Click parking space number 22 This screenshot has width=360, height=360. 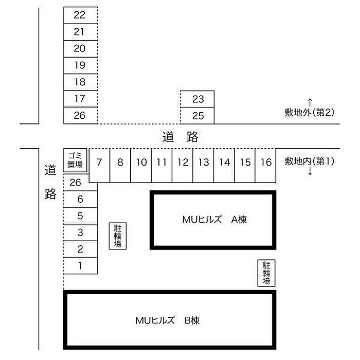[x=81, y=15]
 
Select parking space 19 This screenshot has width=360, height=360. [x=81, y=65]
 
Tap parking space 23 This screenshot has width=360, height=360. [x=197, y=99]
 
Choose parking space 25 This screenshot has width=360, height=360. [x=197, y=116]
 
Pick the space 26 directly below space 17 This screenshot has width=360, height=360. [x=81, y=116]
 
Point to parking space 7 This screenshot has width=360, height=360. [x=99, y=166]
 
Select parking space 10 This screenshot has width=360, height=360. [x=141, y=166]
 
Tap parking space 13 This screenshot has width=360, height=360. [x=204, y=166]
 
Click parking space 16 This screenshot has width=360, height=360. [x=266, y=166]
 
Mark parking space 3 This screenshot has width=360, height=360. [x=81, y=232]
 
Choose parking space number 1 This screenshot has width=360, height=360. [x=81, y=266]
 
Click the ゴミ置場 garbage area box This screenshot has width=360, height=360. [x=75, y=160]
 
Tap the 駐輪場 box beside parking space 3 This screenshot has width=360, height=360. [x=118, y=236]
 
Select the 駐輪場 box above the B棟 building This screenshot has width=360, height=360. [x=266, y=273]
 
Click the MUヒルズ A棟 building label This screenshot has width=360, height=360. [x=214, y=220]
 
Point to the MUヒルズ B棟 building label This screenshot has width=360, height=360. [x=168, y=320]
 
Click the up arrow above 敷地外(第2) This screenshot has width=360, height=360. [x=310, y=103]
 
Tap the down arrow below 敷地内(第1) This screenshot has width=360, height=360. [x=310, y=171]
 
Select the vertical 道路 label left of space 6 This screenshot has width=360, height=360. [x=50, y=182]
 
